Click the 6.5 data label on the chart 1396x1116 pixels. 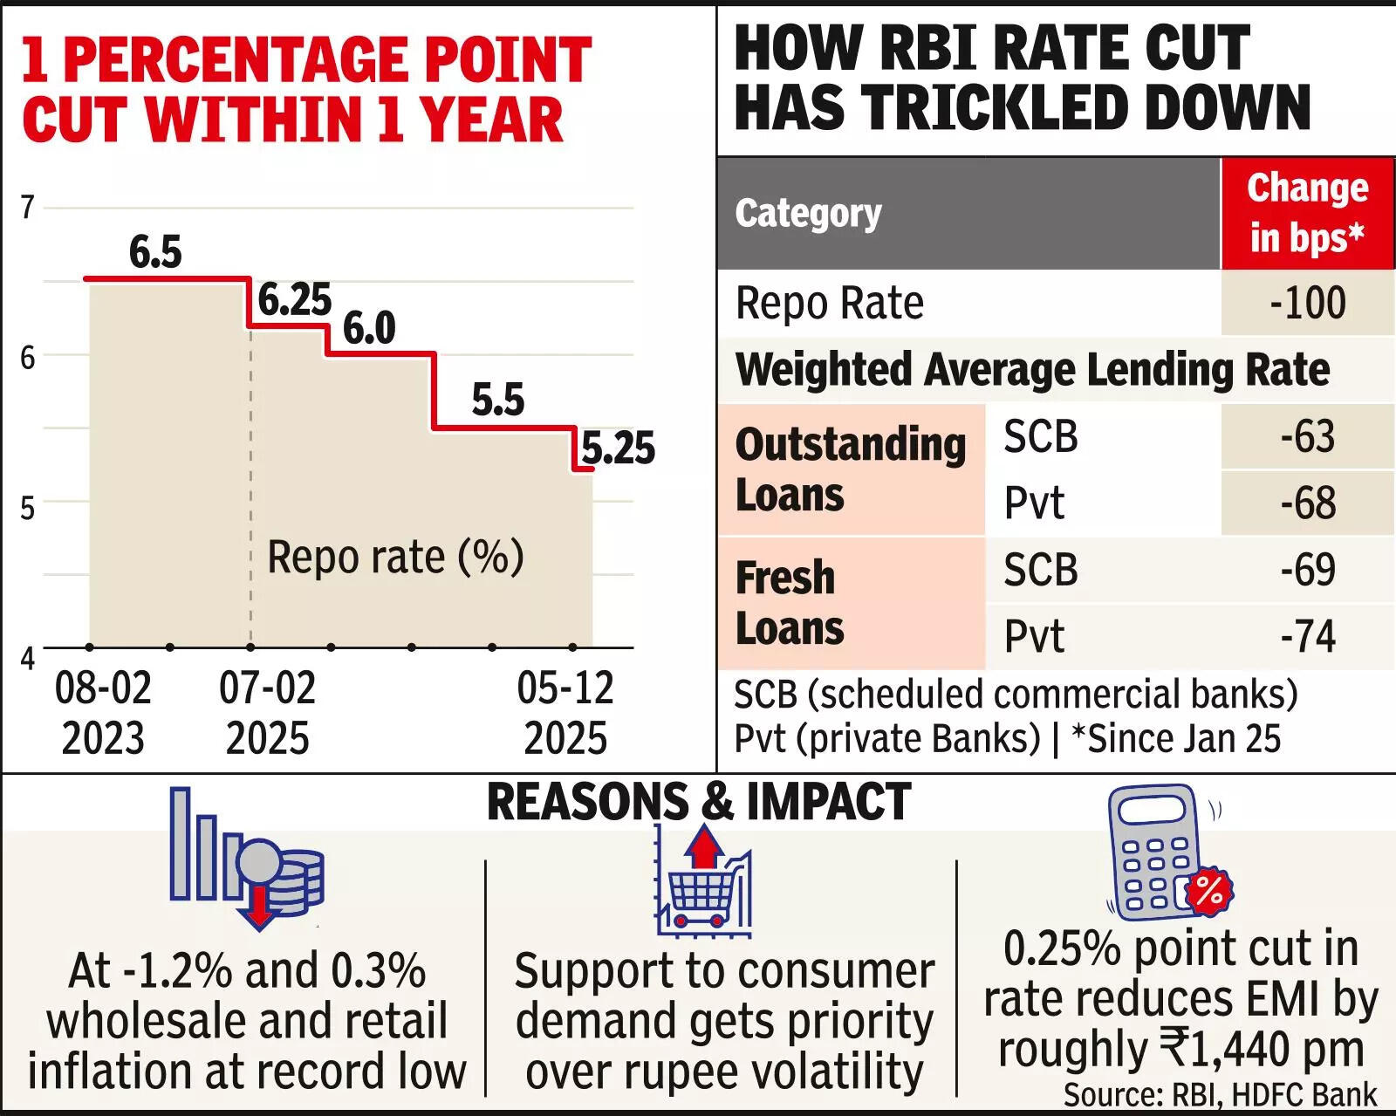point(155,252)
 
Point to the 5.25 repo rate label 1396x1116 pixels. point(618,448)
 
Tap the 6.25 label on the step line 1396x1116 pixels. point(295,300)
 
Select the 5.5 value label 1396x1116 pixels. point(497,400)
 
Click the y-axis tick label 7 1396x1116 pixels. point(28,208)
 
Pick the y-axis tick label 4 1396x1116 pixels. point(28,658)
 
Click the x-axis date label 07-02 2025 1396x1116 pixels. point(267,712)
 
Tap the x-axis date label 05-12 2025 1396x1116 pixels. point(565,712)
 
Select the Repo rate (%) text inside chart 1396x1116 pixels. point(395,557)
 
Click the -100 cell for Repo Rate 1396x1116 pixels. point(1307,303)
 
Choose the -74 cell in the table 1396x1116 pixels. point(1307,636)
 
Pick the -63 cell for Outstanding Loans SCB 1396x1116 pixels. point(1307,436)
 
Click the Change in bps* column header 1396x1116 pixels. point(1307,213)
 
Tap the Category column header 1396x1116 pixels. point(808,213)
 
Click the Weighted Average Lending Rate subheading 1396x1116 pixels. point(1032,369)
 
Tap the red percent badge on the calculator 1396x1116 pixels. point(1208,891)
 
